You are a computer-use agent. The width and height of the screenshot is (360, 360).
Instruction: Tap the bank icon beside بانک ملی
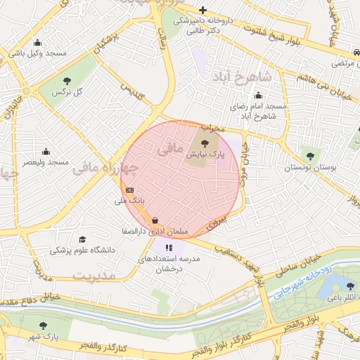coord(129,190)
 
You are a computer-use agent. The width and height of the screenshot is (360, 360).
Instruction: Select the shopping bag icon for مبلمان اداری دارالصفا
coord(155,220)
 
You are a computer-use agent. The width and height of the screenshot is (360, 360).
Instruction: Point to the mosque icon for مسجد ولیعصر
coord(46,151)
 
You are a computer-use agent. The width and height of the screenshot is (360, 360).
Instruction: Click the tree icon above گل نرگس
coord(67,82)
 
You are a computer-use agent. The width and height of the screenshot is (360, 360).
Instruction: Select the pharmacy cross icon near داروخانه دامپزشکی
coord(202,10)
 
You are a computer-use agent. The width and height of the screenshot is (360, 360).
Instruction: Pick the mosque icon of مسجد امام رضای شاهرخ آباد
coord(259,96)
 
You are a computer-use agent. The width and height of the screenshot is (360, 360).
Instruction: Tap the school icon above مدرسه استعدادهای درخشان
coord(169,247)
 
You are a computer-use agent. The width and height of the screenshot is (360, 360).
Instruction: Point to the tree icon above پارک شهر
coord(44,326)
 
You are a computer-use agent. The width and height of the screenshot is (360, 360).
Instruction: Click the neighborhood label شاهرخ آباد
coord(245,76)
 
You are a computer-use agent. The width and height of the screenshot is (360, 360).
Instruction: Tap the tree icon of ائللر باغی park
coord(350,285)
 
